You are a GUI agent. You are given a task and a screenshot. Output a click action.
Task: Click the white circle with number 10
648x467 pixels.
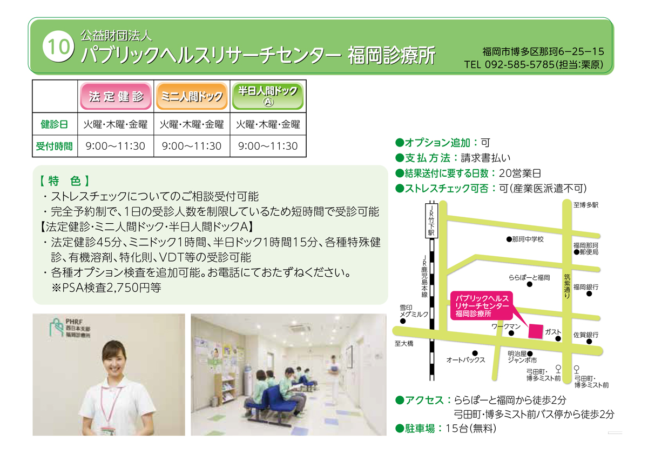coord(58,46)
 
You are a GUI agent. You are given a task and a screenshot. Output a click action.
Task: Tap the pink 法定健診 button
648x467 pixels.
coord(116,96)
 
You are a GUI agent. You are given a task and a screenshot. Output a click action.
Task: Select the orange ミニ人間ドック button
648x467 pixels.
coord(192,96)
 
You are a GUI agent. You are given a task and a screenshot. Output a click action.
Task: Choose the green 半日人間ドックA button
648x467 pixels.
coord(268,96)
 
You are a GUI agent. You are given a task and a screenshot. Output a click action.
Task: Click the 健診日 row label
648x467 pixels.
coord(55,124)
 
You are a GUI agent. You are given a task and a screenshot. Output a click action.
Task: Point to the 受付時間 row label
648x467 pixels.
coord(55,146)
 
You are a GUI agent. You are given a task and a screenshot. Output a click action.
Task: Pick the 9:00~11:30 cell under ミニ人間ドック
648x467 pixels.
coord(192,146)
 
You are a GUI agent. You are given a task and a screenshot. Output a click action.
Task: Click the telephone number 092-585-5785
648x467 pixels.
coord(519,64)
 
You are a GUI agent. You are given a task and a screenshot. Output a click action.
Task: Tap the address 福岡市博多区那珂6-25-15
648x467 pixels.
coord(543,51)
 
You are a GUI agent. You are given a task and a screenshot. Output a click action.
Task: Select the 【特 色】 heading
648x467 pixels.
coord(64,181)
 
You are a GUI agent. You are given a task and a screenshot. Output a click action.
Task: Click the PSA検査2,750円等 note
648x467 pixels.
coord(106,288)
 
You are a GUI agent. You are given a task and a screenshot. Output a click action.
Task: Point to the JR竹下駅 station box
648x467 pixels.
coord(431,221)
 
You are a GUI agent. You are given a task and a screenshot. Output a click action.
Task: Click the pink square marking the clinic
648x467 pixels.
coord(536,331)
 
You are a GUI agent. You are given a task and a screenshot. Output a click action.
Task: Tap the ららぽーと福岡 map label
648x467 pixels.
coord(529,278)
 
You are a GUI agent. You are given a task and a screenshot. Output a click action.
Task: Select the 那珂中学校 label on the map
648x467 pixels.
coord(528,239)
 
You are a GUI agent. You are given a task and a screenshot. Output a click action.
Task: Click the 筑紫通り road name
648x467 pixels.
coord(567,286)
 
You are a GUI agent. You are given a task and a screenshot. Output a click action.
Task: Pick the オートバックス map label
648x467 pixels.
coord(465,360)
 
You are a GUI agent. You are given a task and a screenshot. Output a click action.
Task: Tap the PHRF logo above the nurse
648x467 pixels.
coord(70,328)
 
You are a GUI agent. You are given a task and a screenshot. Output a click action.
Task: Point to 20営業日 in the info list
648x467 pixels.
coord(520,173)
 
